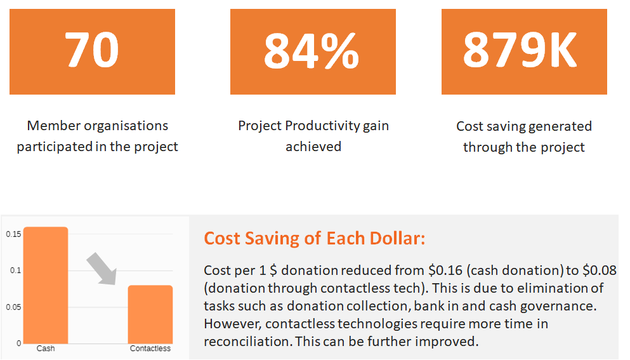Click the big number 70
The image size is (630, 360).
(x=92, y=51)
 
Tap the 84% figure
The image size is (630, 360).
(x=312, y=51)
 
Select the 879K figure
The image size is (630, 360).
(x=520, y=50)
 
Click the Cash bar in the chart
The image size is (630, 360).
(x=45, y=285)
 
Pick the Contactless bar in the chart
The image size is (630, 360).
(x=150, y=314)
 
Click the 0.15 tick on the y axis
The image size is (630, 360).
(x=13, y=234)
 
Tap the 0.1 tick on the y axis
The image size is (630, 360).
(x=15, y=270)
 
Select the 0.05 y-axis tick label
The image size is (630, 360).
(x=13, y=307)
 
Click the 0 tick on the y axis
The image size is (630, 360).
(x=18, y=343)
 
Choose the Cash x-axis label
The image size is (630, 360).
(x=45, y=349)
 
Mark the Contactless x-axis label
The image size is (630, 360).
(x=150, y=349)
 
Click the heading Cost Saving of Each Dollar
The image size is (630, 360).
(x=314, y=239)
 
